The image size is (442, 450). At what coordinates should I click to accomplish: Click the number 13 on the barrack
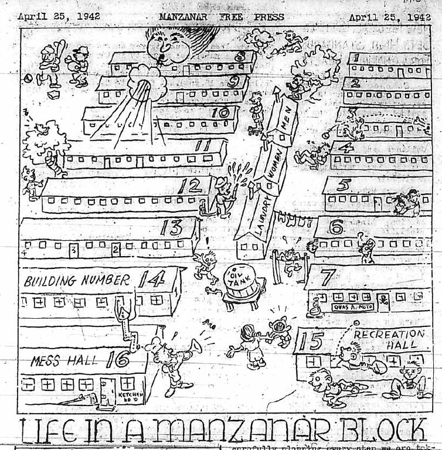pyautogui.click(x=172, y=226)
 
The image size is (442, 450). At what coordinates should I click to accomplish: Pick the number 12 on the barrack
pyautogui.click(x=191, y=186)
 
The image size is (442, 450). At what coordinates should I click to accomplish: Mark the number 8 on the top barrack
pyautogui.click(x=239, y=57)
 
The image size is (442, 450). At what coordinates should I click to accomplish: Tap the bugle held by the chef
pyautogui.click(x=189, y=349)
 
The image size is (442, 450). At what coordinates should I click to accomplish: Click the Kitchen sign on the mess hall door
pyautogui.click(x=127, y=397)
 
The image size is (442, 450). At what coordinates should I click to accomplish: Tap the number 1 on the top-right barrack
pyautogui.click(x=355, y=58)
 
